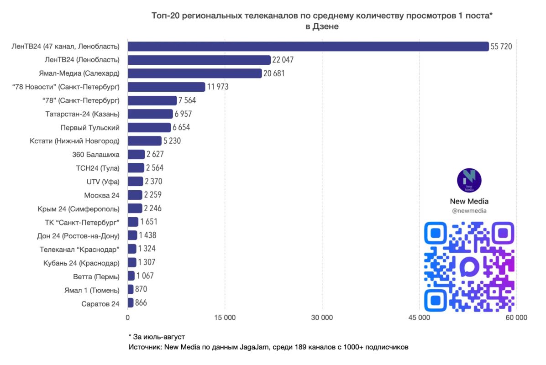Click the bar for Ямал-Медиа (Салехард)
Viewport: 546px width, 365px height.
pos(194,73)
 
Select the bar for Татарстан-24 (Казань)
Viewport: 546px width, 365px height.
pos(151,114)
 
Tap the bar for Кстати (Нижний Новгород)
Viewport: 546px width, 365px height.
pos(145,141)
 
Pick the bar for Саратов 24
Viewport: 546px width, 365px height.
pos(131,303)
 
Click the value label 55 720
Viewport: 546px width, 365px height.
pos(501,47)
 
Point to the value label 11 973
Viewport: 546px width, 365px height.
pos(218,87)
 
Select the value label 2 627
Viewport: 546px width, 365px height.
pos(155,155)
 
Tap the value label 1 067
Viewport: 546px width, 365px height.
pos(145,276)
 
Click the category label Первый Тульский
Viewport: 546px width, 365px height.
pos(90,128)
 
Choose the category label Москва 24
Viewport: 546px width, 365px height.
pos(102,195)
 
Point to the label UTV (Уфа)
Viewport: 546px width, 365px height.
pos(103,182)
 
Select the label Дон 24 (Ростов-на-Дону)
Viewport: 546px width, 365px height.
pos(79,236)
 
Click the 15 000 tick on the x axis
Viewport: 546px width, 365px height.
pos(225,318)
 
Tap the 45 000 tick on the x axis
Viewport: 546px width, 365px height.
pos(419,318)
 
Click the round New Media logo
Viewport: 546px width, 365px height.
pos(469,180)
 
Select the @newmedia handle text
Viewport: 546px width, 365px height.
pos(469,210)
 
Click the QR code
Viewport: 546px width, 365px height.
pos(469,266)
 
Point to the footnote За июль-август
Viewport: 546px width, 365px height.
pos(157,337)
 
